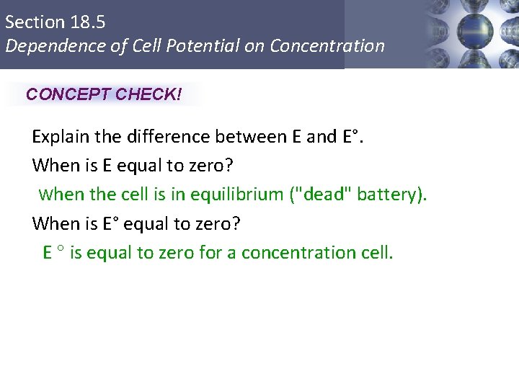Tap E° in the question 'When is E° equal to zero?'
pyautogui.click(x=111, y=224)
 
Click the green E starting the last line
pyautogui.click(x=48, y=253)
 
